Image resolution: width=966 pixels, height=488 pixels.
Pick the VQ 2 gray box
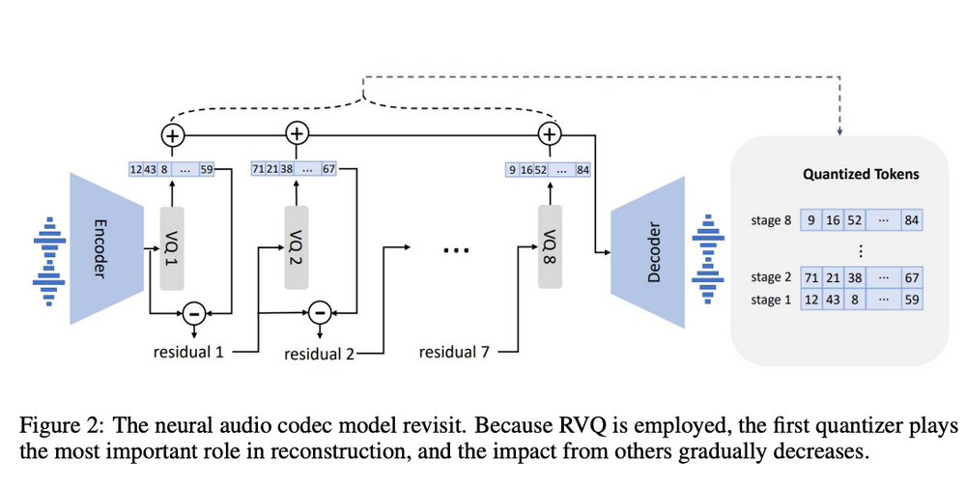tap(298, 247)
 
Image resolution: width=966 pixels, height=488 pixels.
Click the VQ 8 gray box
tap(550, 247)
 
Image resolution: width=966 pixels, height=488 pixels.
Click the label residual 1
tap(189, 353)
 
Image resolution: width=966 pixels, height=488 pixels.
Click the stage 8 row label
tap(771, 221)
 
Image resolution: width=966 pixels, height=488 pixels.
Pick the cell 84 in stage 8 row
tap(910, 221)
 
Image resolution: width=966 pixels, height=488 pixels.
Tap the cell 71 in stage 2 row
tap(810, 278)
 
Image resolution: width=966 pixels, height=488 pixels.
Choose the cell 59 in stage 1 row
tap(910, 300)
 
